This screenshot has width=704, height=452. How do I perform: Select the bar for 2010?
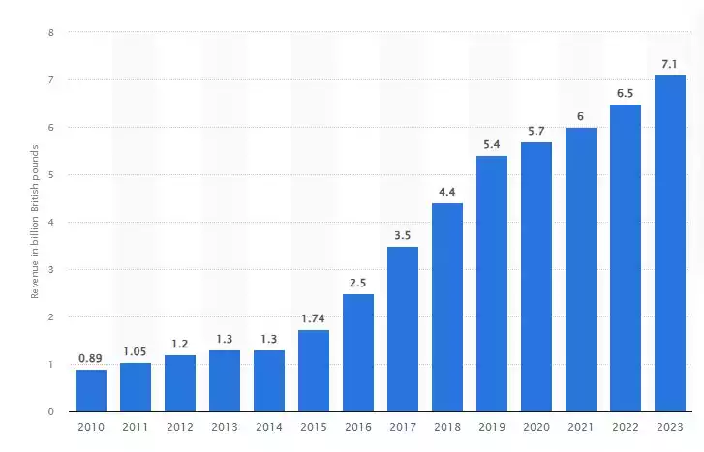click(91, 390)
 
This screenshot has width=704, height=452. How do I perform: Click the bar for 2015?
click(314, 371)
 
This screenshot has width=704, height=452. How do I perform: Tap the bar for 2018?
click(447, 307)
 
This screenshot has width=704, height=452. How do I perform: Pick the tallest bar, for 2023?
click(670, 243)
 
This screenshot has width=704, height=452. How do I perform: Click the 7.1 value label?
click(670, 64)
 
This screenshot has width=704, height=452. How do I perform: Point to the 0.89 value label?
click(91, 358)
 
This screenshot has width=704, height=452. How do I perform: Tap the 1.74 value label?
click(314, 317)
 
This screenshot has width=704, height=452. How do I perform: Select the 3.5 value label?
click(403, 234)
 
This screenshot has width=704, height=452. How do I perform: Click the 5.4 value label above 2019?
click(492, 144)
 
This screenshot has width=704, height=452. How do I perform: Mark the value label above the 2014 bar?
click(269, 339)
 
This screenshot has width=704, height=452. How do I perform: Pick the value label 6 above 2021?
click(581, 116)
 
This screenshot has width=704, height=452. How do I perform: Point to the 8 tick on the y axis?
click(50, 32)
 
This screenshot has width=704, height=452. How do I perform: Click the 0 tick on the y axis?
click(50, 411)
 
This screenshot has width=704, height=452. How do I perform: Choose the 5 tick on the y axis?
click(50, 174)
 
